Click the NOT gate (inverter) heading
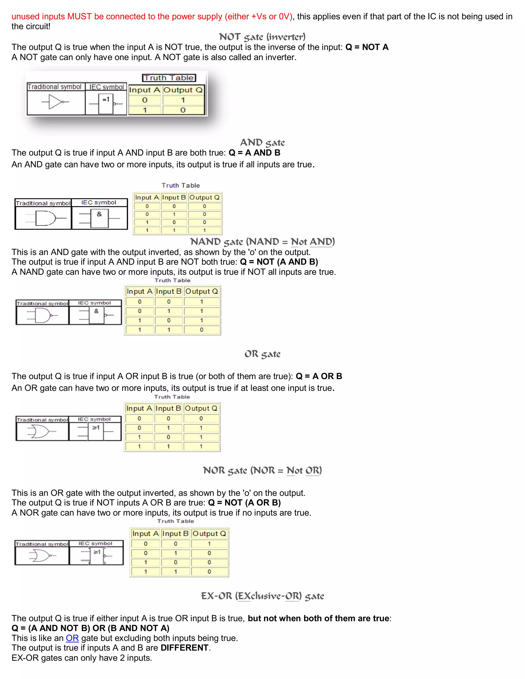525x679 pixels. pyautogui.click(x=262, y=37)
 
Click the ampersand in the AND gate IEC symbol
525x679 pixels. pyautogui.click(x=99, y=214)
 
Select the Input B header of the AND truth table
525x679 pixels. pyautogui.click(x=174, y=197)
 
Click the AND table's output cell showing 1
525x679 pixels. pyautogui.click(x=204, y=230)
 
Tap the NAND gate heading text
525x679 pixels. pyautogui.click(x=262, y=242)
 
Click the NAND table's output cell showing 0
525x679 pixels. pyautogui.click(x=201, y=330)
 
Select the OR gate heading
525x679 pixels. pyautogui.click(x=262, y=354)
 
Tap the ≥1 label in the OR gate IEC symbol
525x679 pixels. pyautogui.click(x=96, y=428)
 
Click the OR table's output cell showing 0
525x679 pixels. pyautogui.click(x=201, y=419)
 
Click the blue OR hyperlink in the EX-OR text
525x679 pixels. pyautogui.click(x=72, y=638)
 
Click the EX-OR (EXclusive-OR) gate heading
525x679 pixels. pyautogui.click(x=262, y=596)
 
